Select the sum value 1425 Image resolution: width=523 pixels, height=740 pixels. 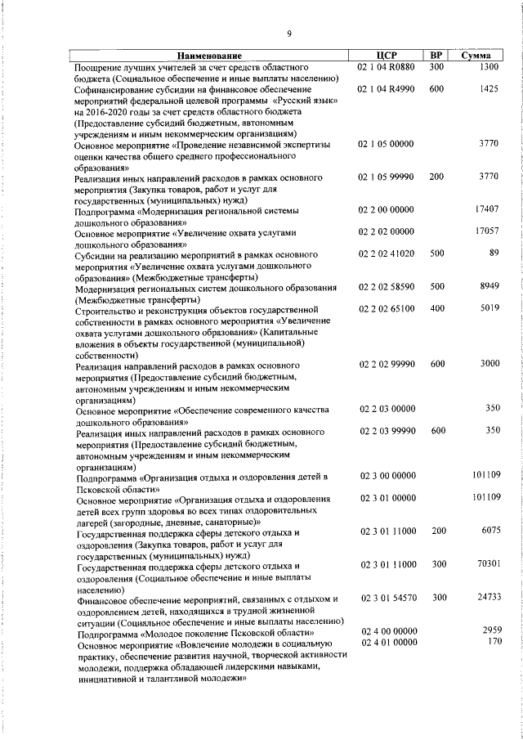pos(489,88)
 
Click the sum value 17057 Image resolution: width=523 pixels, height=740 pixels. pos(487,231)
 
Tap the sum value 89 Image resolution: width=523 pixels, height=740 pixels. pos(494,253)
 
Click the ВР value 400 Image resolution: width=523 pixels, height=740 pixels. pos(437,308)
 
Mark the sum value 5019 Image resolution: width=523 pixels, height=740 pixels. pos(489,308)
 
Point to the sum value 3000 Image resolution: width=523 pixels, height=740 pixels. pos(489,363)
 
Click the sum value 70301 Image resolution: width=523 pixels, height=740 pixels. pos(487,563)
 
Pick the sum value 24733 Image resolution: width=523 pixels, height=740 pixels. pos(487,597)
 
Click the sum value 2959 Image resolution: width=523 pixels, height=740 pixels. pos(490,631)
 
